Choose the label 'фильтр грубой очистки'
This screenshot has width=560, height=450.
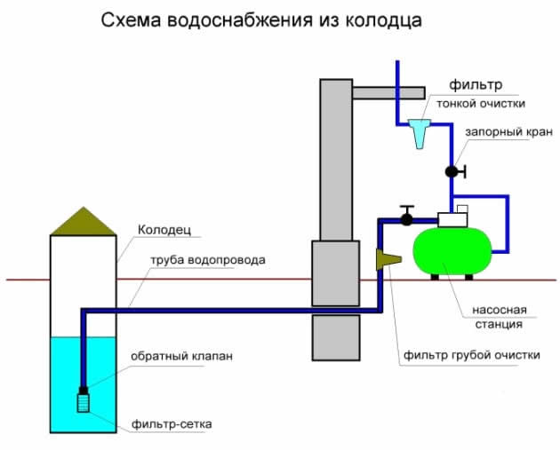[471, 355]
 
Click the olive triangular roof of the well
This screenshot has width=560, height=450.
[83, 222]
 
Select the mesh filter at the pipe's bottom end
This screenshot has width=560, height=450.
[84, 402]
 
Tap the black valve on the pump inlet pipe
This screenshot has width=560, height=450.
[407, 216]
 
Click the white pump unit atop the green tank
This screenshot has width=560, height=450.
[453, 217]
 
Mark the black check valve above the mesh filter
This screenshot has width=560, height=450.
[84, 389]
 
